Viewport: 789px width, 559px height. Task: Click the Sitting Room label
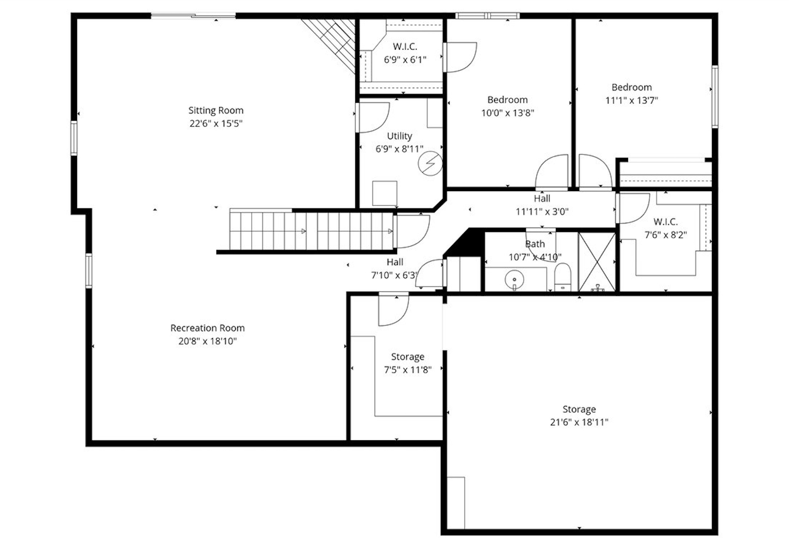click(x=216, y=110)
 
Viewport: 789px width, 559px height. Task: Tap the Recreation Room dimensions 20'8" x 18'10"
click(x=207, y=341)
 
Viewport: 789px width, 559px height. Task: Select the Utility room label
click(x=399, y=136)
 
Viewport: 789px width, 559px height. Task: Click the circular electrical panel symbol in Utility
click(x=430, y=163)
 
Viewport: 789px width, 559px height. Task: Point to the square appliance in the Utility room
click(x=384, y=193)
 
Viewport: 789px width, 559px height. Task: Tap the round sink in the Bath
click(x=514, y=279)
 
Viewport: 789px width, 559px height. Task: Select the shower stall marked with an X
click(x=597, y=261)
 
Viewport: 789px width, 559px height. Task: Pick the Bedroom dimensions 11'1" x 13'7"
click(x=631, y=100)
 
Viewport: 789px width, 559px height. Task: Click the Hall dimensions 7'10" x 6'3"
click(x=394, y=275)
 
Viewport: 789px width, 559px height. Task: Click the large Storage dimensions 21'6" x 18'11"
click(x=579, y=422)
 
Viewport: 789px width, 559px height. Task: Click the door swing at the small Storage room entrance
click(x=393, y=311)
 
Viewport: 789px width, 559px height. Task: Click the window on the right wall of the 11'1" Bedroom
click(x=715, y=97)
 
